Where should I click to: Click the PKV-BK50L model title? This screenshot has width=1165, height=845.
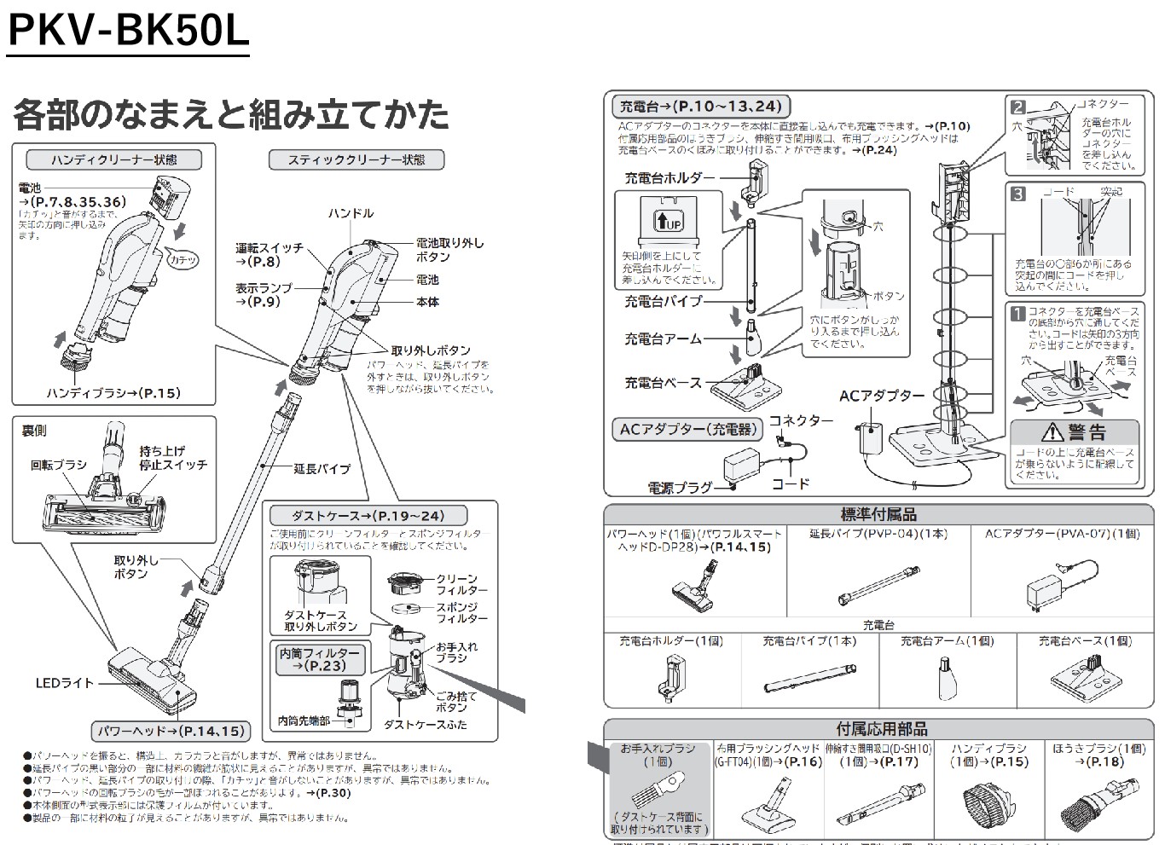(128, 30)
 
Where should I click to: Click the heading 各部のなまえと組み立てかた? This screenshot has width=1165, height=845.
(230, 113)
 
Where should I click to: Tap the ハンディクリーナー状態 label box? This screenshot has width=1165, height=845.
(113, 159)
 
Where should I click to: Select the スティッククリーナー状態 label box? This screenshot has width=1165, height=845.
(356, 159)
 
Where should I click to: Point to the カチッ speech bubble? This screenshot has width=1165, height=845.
(182, 258)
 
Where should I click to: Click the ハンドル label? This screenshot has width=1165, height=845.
(351, 213)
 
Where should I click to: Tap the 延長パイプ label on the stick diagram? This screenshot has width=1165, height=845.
(322, 468)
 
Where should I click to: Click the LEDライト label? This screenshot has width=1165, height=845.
(64, 683)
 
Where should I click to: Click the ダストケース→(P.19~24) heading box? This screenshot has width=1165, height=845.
(368, 515)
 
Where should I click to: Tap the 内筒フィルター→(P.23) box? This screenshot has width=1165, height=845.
(319, 659)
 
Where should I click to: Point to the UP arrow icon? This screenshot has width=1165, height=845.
(668, 220)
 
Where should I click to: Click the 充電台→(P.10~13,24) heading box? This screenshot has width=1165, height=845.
(700, 107)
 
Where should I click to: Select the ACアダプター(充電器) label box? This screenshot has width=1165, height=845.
(686, 429)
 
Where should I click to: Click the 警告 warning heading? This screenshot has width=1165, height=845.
(1075, 431)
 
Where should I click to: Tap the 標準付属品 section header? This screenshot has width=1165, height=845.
(878, 514)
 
